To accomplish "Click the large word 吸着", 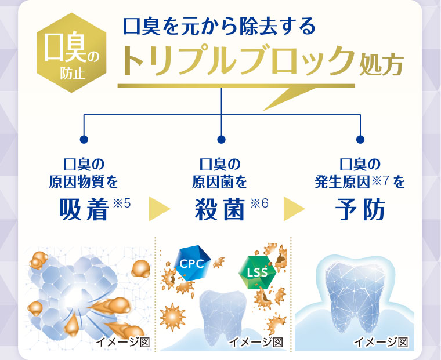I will (x=84, y=209).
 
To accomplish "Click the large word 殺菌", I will (x=221, y=209).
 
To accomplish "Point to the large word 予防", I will (x=360, y=209).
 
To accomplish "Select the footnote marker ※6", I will (x=259, y=202).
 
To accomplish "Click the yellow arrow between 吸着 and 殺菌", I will (x=159, y=209).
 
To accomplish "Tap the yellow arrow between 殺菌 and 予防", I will (x=294, y=209).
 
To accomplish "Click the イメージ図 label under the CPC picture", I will (x=256, y=342).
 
